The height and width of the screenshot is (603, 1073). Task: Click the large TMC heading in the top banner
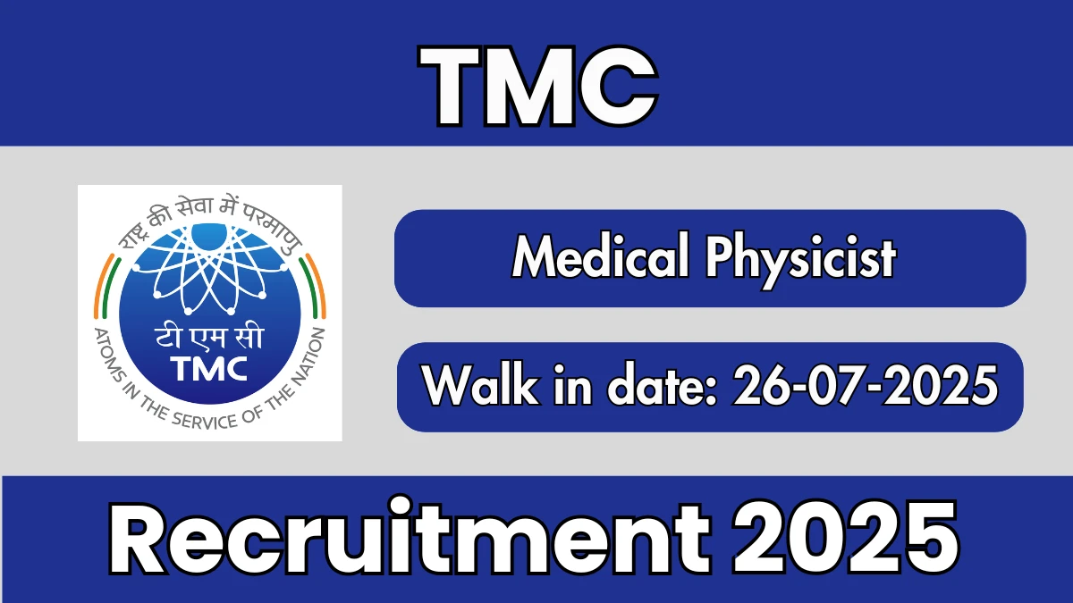tap(538, 86)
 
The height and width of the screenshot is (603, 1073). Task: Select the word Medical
tap(601, 255)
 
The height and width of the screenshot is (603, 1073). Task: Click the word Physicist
tap(800, 261)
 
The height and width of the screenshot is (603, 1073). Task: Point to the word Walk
tap(480, 384)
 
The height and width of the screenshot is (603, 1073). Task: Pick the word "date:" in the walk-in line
tap(662, 384)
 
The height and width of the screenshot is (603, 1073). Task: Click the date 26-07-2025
tap(865, 385)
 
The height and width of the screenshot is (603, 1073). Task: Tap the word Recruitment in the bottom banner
tap(410, 537)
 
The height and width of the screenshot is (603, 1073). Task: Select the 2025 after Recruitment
tap(846, 537)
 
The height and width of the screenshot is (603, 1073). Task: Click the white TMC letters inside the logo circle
tap(209, 368)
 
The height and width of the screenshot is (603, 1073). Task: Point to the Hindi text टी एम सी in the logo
tap(209, 338)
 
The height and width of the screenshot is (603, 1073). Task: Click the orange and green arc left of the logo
tap(105, 286)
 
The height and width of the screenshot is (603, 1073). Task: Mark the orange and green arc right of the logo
tap(313, 286)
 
